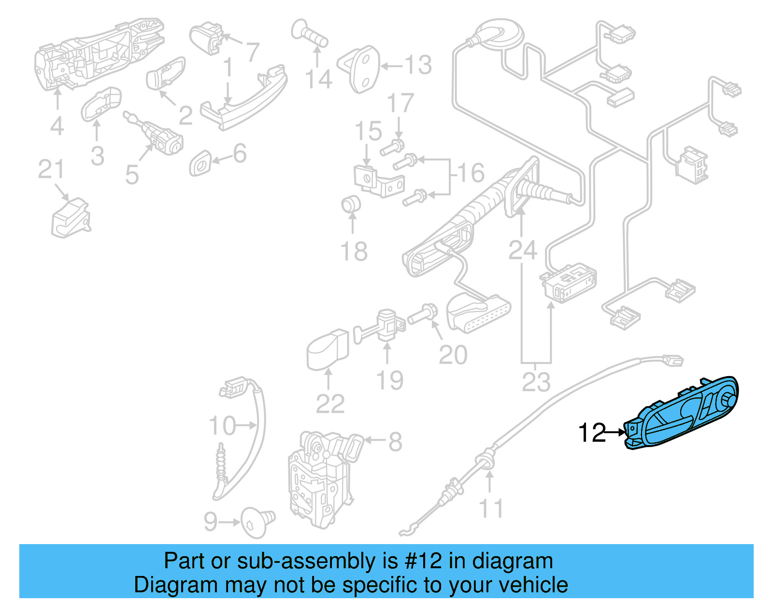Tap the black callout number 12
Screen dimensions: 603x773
click(591, 433)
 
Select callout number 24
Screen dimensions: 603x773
click(522, 250)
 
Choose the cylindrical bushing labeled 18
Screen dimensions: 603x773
click(351, 204)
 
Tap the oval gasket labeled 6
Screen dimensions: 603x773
click(200, 164)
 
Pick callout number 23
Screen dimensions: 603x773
click(536, 382)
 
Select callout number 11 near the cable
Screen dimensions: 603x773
click(490, 509)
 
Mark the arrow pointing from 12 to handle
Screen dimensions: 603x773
click(616, 432)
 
